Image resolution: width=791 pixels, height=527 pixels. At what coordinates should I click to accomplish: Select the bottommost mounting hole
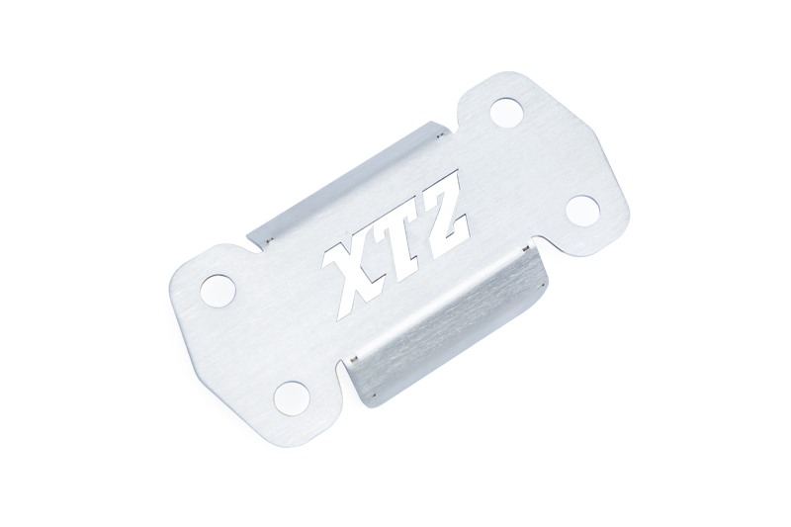pos(290,397)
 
